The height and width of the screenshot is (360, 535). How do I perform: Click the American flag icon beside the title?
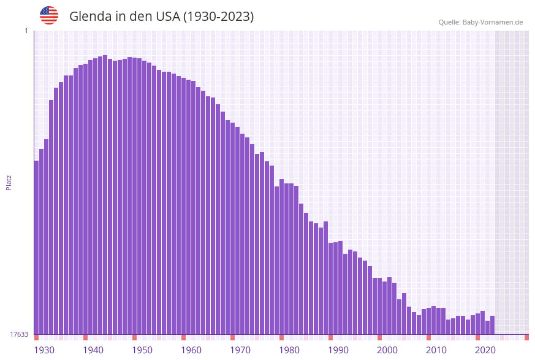(49, 15)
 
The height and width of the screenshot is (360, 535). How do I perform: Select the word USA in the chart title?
(167, 17)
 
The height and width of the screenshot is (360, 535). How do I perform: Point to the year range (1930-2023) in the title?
(218, 17)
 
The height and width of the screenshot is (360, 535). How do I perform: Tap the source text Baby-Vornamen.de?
(492, 22)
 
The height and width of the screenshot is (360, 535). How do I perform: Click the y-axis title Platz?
(9, 182)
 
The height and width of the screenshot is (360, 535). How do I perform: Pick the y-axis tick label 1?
(26, 31)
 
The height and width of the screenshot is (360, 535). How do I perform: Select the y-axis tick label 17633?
(18, 334)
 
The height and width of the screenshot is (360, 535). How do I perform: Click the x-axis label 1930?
(44, 350)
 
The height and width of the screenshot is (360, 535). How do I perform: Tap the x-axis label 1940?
(93, 350)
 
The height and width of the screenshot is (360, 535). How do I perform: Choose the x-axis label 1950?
(142, 350)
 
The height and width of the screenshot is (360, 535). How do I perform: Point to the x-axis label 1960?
(191, 350)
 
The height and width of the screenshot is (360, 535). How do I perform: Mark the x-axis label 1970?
(240, 350)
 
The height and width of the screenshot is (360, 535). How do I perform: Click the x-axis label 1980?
(289, 350)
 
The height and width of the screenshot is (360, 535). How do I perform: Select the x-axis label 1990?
(338, 350)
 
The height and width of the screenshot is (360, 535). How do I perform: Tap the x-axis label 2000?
(387, 350)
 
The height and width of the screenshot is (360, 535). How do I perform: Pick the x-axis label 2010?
(436, 350)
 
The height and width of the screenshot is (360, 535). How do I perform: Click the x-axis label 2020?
(485, 350)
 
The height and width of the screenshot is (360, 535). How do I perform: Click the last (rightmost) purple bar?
(492, 325)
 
